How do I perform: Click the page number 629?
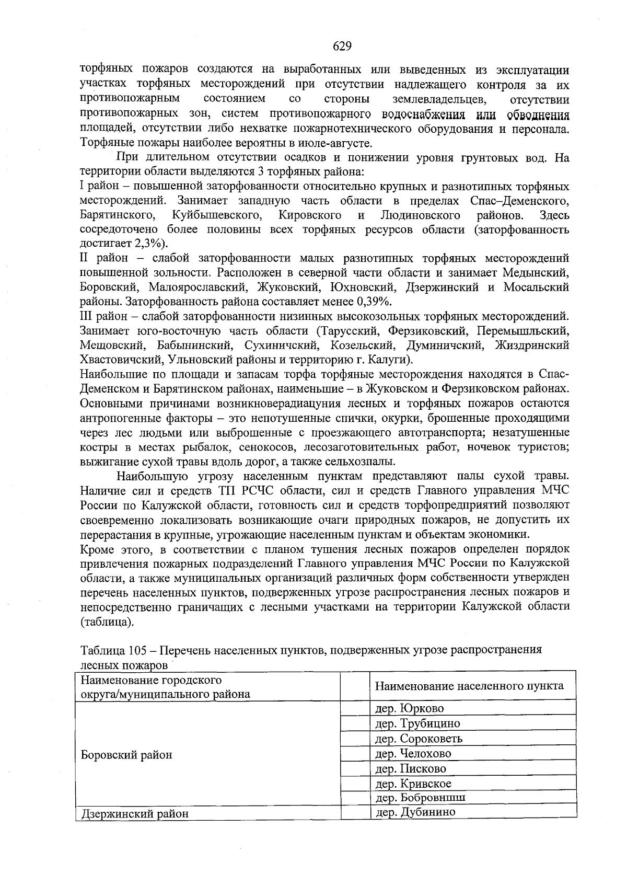click(342, 47)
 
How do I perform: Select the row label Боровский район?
click(125, 755)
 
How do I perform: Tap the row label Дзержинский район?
click(134, 814)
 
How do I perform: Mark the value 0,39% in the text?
click(373, 302)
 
